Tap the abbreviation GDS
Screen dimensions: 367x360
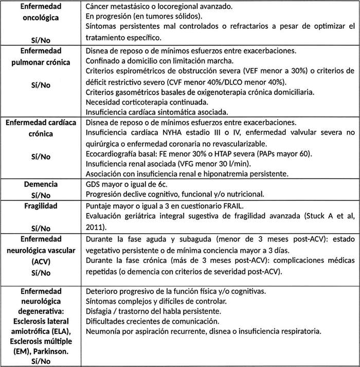pos(94,184)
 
